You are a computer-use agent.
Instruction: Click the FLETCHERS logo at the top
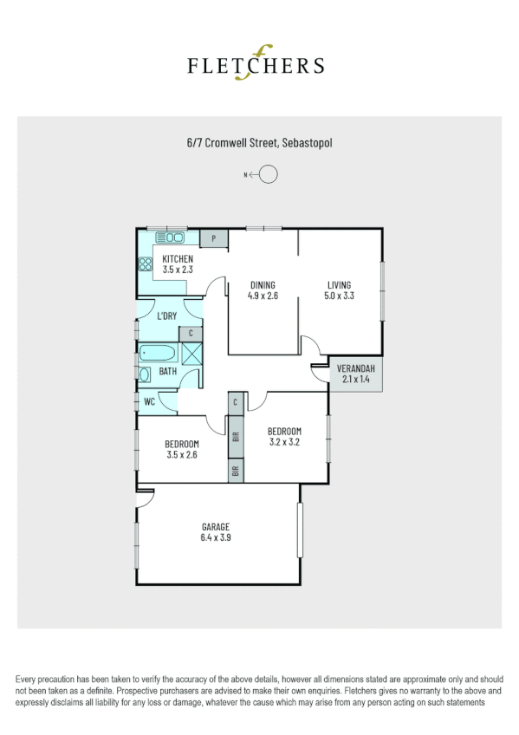tap(257, 64)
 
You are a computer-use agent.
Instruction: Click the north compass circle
tap(269, 175)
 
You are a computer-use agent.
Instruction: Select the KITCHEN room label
tap(178, 259)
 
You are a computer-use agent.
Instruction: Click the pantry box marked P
tap(213, 237)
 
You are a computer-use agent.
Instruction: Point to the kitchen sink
tap(170, 237)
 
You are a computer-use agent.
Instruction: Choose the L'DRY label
tap(166, 316)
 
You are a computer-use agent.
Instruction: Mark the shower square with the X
tap(191, 353)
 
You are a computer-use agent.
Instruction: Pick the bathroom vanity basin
tap(146, 374)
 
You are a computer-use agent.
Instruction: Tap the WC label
tap(149, 402)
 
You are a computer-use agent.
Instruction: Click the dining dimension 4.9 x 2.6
tap(263, 296)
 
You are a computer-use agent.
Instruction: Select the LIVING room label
tap(339, 285)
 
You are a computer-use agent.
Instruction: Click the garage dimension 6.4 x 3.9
tap(216, 537)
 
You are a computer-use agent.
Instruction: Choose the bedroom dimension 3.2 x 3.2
tap(283, 442)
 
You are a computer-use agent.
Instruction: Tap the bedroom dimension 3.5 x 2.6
tap(182, 454)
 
